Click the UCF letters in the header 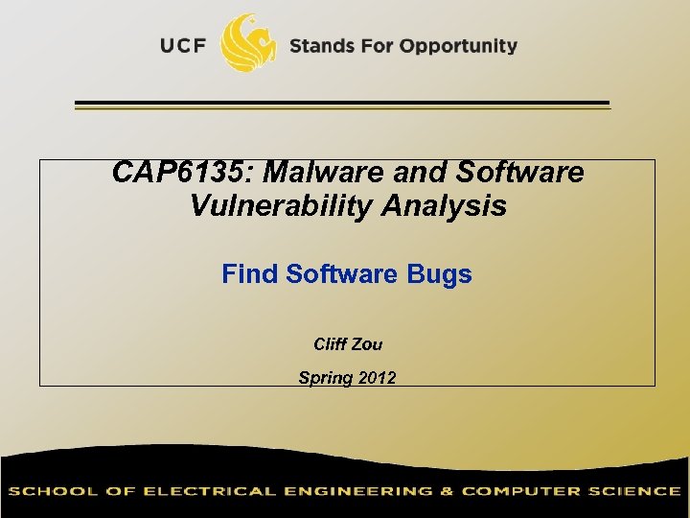coord(183,46)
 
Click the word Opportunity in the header coord(458,46)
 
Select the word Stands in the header coord(320,46)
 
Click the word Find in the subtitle coord(250,274)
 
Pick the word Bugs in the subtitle coord(440,274)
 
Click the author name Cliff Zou coord(348,344)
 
